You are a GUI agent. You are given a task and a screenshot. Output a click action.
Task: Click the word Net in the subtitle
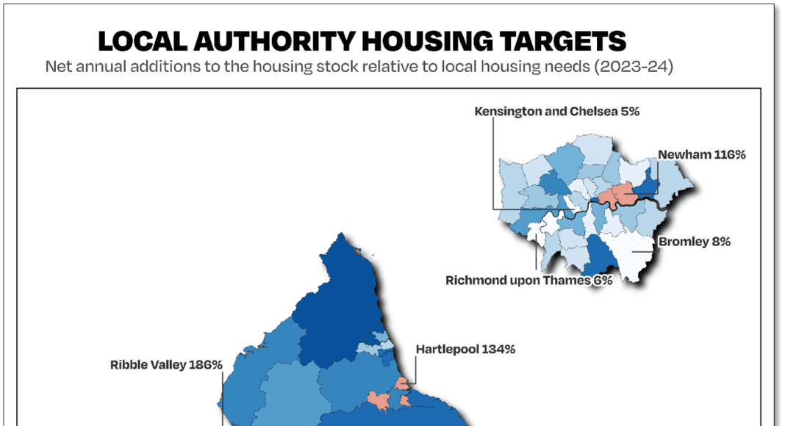point(58,67)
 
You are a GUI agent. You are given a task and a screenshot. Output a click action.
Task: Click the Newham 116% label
point(702,154)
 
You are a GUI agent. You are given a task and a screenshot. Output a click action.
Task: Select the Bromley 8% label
point(694,241)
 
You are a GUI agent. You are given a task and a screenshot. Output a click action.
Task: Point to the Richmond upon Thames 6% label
point(528,280)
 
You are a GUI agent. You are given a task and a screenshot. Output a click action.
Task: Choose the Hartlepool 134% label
point(465,349)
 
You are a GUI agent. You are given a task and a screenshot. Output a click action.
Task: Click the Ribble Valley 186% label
point(166,364)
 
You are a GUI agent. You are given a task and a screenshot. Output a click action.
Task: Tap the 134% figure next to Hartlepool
point(498,349)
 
